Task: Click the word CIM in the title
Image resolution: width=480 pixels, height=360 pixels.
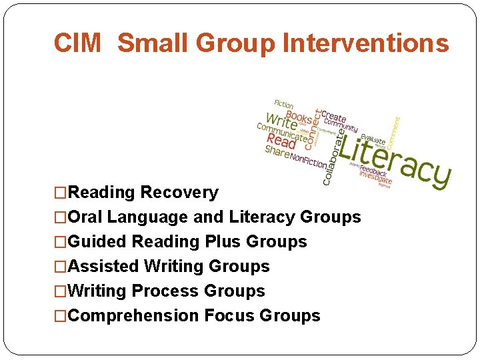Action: pyautogui.click(x=77, y=43)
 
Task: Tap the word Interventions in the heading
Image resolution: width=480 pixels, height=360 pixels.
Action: pyautogui.click(x=366, y=43)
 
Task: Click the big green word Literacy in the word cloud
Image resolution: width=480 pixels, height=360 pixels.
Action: pyautogui.click(x=393, y=157)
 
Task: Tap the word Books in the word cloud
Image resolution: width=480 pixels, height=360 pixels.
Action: pyautogui.click(x=299, y=114)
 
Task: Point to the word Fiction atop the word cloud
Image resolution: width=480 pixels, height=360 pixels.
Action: pyautogui.click(x=284, y=105)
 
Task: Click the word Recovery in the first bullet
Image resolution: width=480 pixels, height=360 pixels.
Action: pyautogui.click(x=179, y=193)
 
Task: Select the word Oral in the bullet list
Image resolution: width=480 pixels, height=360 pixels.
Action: pyautogui.click(x=85, y=217)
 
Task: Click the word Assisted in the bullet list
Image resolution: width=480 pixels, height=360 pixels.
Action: pyautogui.click(x=103, y=266)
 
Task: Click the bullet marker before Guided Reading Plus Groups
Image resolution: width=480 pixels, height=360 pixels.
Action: pyautogui.click(x=61, y=241)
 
